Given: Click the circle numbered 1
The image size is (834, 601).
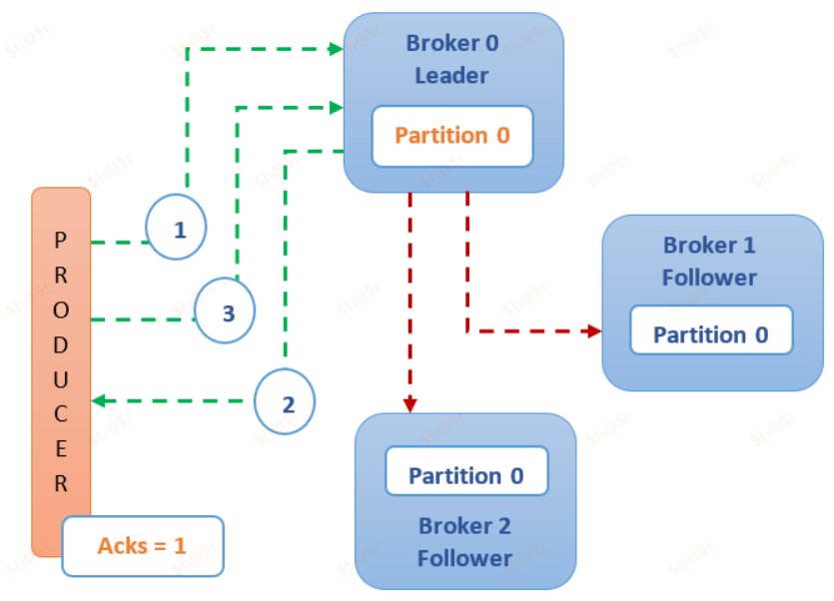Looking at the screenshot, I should point(176,229).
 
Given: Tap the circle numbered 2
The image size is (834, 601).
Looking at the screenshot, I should point(285,404).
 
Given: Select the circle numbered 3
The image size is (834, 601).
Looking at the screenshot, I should point(225,312).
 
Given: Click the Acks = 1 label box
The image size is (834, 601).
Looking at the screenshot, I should point(142,546).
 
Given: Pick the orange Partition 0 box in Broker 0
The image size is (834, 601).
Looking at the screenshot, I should point(451,136).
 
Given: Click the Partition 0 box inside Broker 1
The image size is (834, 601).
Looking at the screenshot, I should point(710,334).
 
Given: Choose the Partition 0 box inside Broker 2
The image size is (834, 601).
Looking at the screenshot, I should point(466,476).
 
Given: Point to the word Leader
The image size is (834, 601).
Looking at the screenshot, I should point(451,76).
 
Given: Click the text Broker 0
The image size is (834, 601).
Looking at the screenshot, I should point(451,44).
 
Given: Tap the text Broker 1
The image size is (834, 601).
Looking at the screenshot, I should point(709,246).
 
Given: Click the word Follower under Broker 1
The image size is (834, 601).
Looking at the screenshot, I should point(709,278).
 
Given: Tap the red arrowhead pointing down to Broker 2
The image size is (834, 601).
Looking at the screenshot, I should point(410,402).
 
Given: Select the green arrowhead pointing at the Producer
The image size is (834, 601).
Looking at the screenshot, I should point(99,401).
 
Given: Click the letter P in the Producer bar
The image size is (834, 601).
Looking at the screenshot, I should point(61,240).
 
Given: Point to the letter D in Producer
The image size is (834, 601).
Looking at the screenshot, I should point(61,344).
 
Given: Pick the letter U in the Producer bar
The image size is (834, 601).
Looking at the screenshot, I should point(61,379).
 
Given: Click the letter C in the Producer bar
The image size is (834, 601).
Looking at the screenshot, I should point(61,414).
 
